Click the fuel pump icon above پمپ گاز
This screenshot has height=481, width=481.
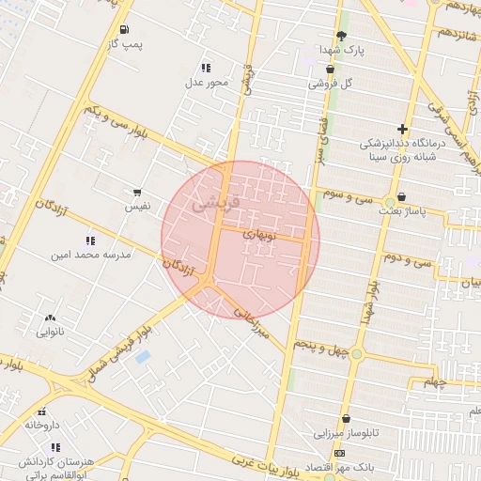point(125,29)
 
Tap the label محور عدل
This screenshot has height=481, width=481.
point(206,83)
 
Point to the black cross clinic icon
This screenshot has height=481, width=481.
point(402,129)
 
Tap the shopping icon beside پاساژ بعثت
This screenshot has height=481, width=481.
point(402,197)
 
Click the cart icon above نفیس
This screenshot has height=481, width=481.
point(137,192)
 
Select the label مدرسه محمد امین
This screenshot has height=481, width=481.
point(91,254)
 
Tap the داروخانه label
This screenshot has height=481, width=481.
point(42,425)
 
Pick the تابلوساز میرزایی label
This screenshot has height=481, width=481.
point(347,433)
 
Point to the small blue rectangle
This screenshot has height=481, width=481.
point(142,357)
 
